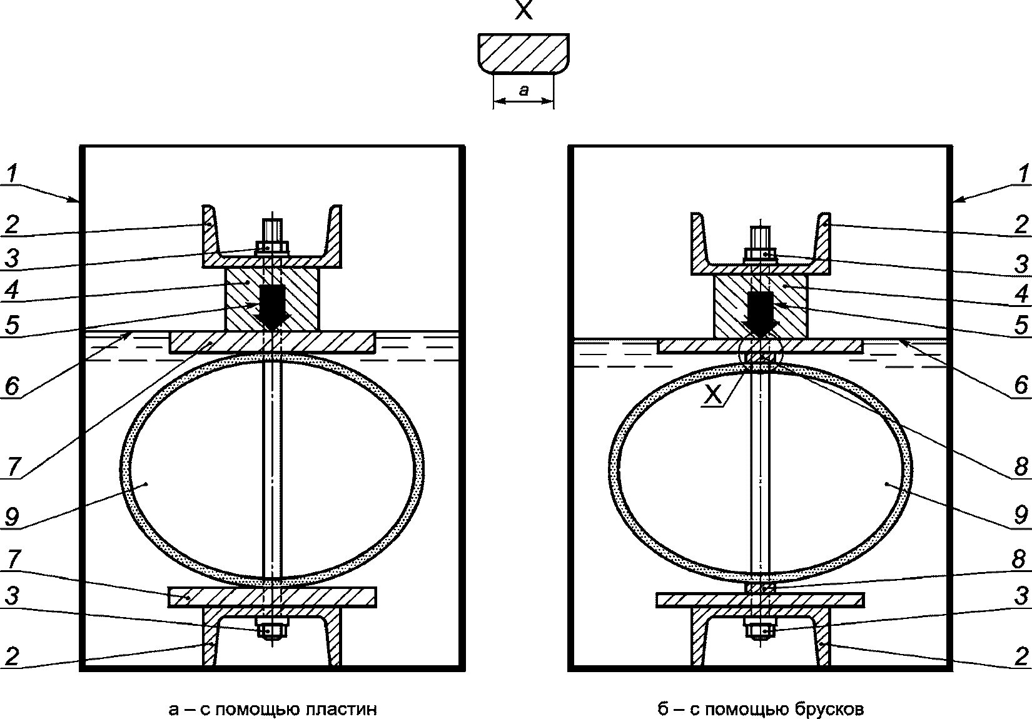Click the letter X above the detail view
524,9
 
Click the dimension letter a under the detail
524,90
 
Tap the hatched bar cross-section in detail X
524,53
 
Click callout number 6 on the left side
12,385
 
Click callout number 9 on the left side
12,516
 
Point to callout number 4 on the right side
1021,294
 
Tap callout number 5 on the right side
1021,325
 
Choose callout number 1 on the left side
12,173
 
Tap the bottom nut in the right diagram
760,630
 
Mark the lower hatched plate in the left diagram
272,597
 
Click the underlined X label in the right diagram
713,395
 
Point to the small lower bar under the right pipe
760,588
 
